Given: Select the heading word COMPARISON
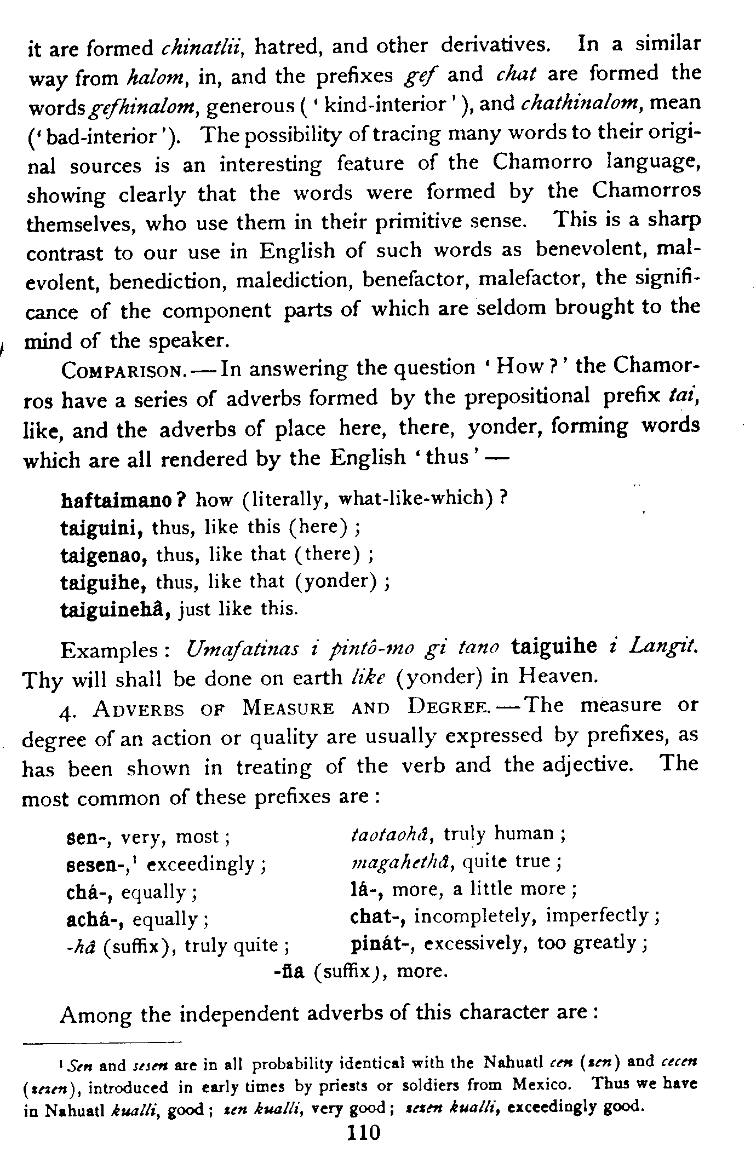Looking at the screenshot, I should pos(125,371).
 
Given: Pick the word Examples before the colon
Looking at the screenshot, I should pos(110,651).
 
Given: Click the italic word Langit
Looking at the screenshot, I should pos(663,648).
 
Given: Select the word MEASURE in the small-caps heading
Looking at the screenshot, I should pos(288,709).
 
